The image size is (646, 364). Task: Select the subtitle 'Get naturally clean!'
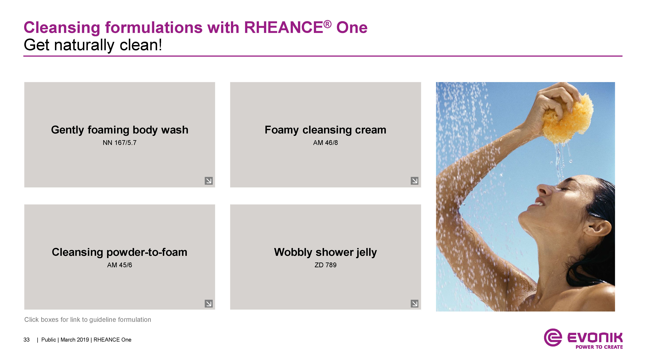click(93, 45)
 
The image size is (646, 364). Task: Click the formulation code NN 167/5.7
click(120, 143)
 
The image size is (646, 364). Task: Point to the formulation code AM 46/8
click(325, 143)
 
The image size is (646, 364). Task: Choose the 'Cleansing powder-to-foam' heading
click(120, 252)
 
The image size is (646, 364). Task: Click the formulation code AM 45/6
click(120, 265)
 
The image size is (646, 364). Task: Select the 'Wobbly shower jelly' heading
click(325, 252)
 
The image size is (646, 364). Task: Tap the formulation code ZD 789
click(325, 265)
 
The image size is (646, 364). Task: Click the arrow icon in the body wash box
click(209, 181)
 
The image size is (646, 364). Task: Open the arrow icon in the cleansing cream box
click(415, 181)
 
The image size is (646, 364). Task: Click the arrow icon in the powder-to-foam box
click(209, 303)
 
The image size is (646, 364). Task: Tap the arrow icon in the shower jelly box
click(415, 303)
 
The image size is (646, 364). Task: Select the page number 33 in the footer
click(27, 340)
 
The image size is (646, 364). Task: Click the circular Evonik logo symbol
click(553, 337)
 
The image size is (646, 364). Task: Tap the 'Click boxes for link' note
click(88, 320)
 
